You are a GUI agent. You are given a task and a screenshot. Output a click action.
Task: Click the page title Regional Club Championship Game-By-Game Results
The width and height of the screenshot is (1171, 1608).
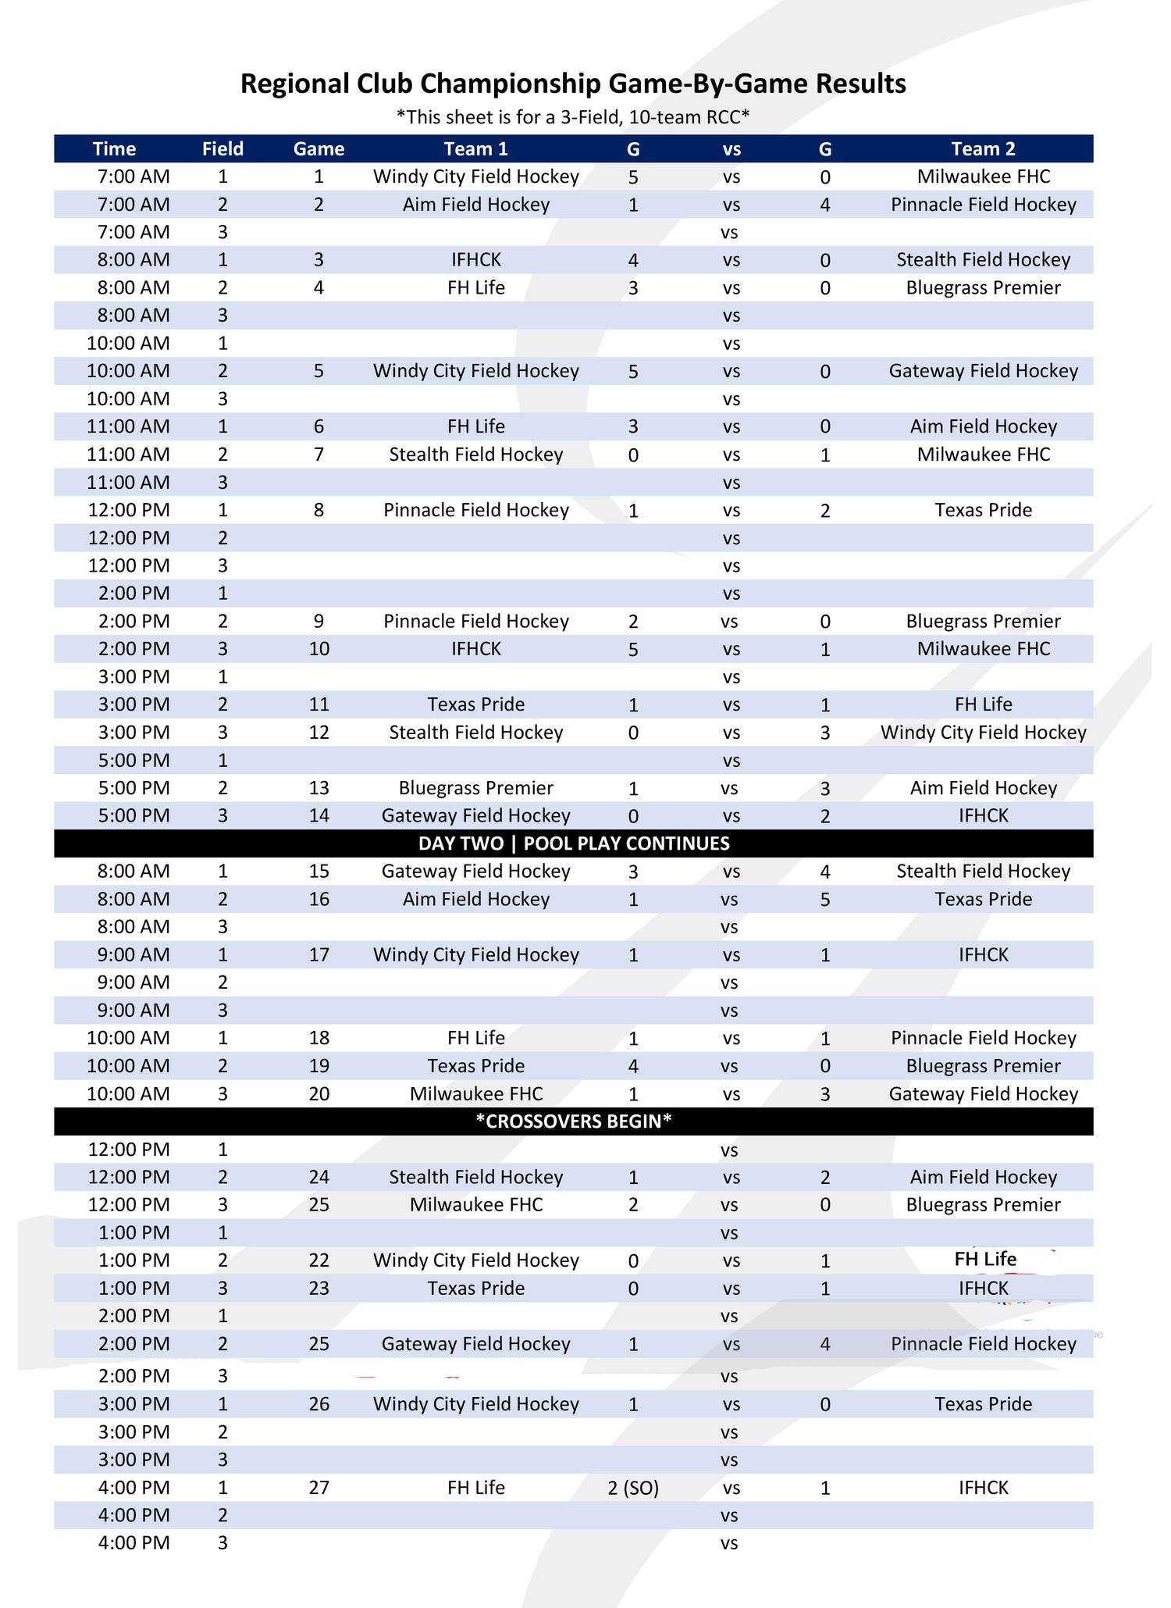573,84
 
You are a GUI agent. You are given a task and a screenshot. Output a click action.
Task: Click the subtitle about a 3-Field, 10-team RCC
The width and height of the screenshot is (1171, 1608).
573,117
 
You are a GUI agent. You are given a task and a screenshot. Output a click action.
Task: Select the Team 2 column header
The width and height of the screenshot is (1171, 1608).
983,148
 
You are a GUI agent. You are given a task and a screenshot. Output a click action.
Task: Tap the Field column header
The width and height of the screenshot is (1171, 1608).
222,148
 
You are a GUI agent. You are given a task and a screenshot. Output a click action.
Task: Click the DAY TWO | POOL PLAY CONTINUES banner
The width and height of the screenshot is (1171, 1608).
574,843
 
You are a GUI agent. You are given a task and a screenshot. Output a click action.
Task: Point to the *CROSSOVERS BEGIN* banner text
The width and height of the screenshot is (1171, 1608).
574,1121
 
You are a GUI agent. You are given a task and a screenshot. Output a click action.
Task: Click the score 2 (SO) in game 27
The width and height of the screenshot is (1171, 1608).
633,1488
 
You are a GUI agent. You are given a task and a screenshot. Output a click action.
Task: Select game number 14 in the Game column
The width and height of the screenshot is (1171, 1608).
319,815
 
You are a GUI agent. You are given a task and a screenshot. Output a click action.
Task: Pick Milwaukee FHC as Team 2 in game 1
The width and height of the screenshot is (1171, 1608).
983,176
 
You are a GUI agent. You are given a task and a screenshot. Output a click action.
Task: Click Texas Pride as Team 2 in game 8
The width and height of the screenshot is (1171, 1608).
983,510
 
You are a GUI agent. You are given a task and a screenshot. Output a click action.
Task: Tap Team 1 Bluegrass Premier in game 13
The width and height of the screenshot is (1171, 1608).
475,787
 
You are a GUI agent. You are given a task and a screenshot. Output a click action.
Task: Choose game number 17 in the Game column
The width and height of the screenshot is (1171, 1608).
319,954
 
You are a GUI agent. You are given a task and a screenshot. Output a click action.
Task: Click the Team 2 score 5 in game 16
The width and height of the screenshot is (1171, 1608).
825,900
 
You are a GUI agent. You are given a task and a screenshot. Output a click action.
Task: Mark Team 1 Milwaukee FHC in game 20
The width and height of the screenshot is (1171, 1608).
475,1093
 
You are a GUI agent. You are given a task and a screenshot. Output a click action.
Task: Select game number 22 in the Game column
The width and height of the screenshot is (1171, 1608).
319,1260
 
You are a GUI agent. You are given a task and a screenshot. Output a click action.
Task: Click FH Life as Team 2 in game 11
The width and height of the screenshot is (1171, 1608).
983,704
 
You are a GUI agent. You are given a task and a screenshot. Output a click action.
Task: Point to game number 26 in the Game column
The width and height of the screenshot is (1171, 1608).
319,1404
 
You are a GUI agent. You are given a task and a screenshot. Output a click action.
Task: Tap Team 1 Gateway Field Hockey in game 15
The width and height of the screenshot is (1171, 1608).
475,871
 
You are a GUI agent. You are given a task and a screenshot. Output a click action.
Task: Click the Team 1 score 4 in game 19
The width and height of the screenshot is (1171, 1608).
633,1066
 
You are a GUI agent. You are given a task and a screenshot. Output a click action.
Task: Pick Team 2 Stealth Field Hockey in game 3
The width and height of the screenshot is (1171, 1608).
983,259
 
